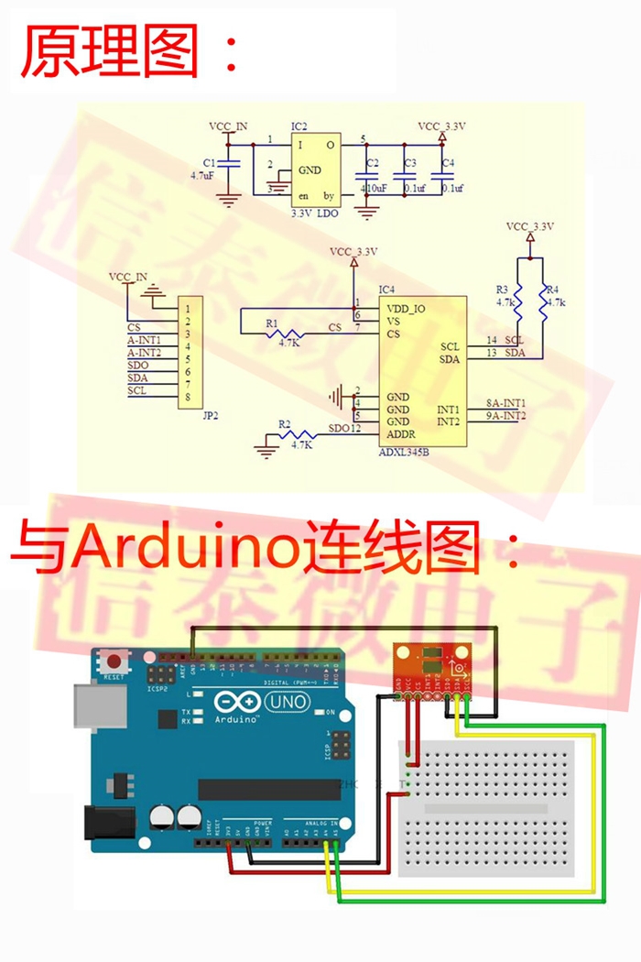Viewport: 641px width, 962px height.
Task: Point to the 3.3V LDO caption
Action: pos(313,213)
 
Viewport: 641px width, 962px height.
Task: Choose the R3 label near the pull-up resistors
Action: pos(503,290)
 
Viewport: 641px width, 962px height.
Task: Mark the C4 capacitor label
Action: pos(447,163)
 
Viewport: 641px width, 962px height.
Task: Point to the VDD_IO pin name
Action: pos(406,309)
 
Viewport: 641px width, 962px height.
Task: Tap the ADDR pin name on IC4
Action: pos(401,433)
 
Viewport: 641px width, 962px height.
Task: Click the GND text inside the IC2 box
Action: pos(310,169)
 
